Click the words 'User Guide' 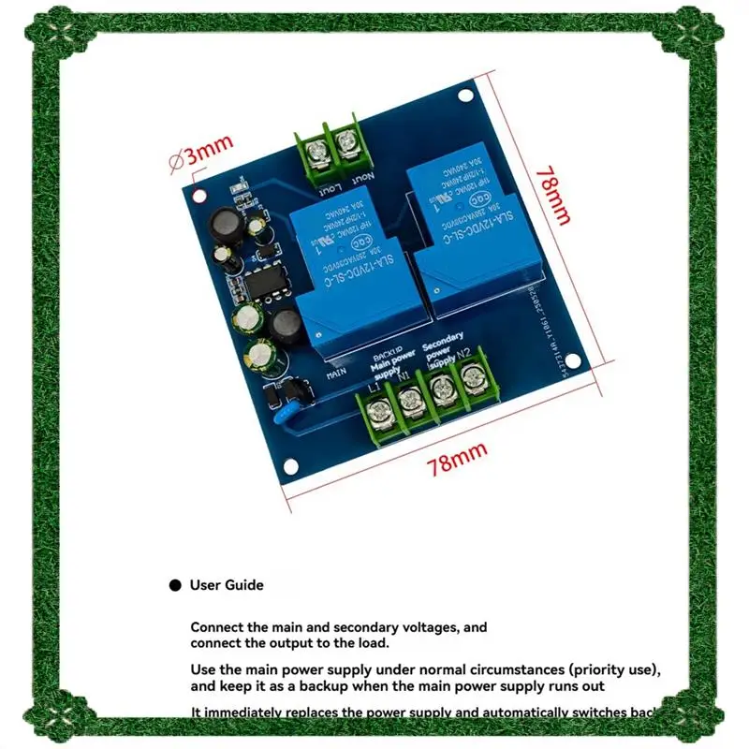(x=227, y=585)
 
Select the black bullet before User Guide (x=174, y=586)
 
